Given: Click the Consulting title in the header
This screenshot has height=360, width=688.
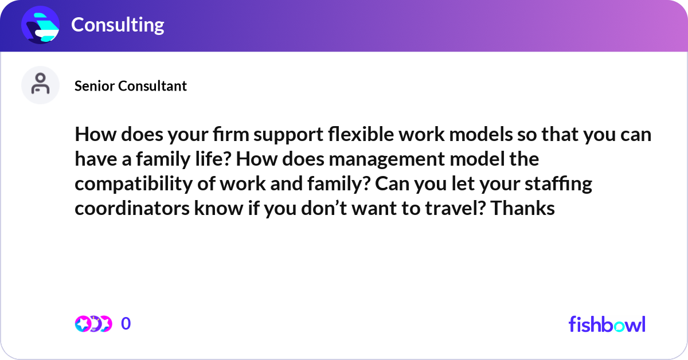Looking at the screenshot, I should pyautogui.click(x=118, y=25).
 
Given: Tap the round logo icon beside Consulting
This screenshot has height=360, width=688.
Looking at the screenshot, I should pyautogui.click(x=41, y=25).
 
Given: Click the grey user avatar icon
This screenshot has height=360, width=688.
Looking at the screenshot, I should pyautogui.click(x=41, y=85).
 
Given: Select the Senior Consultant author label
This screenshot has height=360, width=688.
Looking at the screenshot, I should pyautogui.click(x=131, y=86).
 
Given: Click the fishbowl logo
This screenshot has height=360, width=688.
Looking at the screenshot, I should pyautogui.click(x=607, y=324).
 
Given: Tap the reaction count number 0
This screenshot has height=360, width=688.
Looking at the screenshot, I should pyautogui.click(x=126, y=324).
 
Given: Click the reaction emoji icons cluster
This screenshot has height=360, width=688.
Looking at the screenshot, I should pyautogui.click(x=93, y=324).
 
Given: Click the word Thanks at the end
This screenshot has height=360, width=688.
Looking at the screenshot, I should pyautogui.click(x=523, y=209).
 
